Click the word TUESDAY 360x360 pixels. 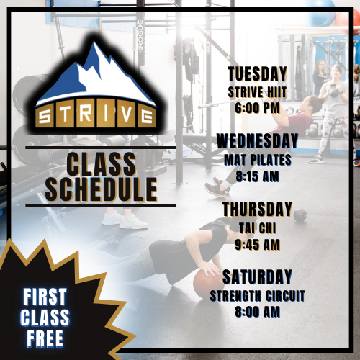(x=257, y=74)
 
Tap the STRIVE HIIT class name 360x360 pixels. (x=257, y=92)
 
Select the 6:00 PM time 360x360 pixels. (x=257, y=108)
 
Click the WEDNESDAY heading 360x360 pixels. (x=257, y=140)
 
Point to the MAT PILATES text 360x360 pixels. (x=257, y=158)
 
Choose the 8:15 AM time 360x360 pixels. (x=257, y=175)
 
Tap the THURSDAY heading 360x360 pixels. (x=257, y=209)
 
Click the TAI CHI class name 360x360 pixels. (x=257, y=228)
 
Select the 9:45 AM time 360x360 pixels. (x=257, y=244)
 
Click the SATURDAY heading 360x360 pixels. (x=257, y=276)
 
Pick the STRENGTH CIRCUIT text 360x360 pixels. (x=257, y=295)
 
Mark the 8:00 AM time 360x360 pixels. (x=257, y=312)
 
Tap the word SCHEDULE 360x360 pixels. (x=100, y=188)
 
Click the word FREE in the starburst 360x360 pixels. (x=45, y=337)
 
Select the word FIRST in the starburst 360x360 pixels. (x=45, y=296)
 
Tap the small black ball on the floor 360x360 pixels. (x=300, y=215)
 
